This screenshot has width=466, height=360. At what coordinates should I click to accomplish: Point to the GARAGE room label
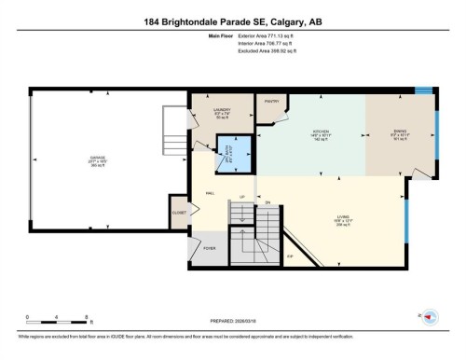pyautogui.click(x=98, y=159)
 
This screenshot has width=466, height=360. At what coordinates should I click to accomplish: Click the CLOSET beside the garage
pyautogui.click(x=179, y=212)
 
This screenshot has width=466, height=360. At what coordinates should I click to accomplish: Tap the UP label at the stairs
pyautogui.click(x=242, y=198)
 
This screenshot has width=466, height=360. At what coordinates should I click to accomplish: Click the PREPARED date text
pyautogui.click(x=232, y=316)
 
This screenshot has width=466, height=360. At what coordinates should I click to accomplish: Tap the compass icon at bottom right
pyautogui.click(x=430, y=317)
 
